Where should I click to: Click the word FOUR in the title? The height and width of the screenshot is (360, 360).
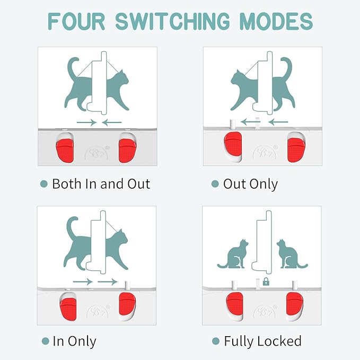tap(76, 21)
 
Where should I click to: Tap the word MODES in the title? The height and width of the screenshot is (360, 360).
tap(276, 21)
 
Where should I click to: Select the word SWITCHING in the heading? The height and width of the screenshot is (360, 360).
tap(172, 21)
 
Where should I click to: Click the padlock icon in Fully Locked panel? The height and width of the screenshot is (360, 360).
tap(266, 282)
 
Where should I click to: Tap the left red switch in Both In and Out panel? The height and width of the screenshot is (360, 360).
tap(65, 151)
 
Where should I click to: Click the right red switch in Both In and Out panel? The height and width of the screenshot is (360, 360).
tap(127, 151)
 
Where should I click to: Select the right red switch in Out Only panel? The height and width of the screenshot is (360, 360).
tap(296, 151)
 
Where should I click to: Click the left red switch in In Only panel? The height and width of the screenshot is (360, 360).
tap(68, 309)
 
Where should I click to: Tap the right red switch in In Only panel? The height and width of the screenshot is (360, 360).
tap(127, 304)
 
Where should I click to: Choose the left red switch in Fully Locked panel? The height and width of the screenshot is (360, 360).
tap(234, 304)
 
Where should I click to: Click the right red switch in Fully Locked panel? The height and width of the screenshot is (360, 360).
tap(295, 304)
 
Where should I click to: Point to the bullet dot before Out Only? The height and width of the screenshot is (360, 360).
tap(215, 184)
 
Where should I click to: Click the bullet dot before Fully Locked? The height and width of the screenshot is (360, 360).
tap(216, 341)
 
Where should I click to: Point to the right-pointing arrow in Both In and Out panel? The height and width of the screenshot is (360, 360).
tap(86, 122)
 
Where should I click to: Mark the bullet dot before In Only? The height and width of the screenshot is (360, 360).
tap(46, 341)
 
